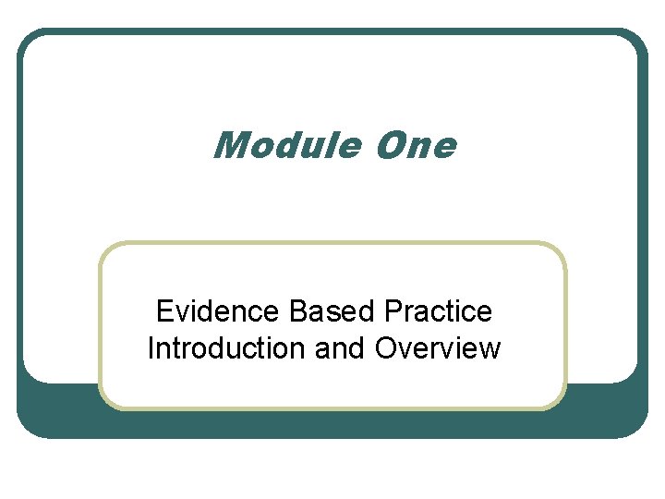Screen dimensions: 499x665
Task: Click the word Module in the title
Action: click(286, 145)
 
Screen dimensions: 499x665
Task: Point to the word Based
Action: click(326, 311)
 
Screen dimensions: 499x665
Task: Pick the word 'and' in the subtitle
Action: click(339, 348)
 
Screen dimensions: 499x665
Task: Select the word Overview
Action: click(438, 348)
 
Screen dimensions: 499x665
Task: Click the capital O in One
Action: click(389, 145)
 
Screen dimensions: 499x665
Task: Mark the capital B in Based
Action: click(297, 311)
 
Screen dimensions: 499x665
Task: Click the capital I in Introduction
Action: click(151, 348)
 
